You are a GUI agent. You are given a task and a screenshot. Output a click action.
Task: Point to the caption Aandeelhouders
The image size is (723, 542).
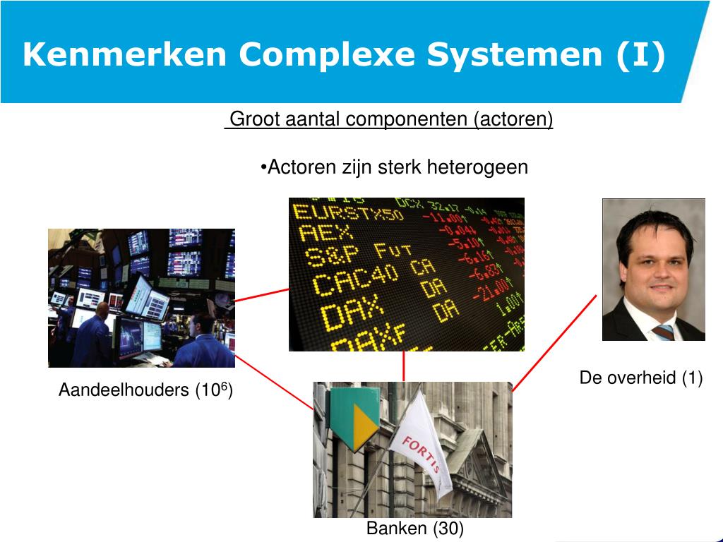click(124, 390)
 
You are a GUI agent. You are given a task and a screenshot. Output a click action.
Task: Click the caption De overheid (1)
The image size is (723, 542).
click(640, 378)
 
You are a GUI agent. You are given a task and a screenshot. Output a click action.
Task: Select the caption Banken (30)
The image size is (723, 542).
click(414, 529)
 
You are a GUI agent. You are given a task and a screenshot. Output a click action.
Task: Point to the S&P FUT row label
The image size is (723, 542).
click(353, 255)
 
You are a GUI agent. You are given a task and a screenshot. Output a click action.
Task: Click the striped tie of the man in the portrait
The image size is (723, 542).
click(664, 332)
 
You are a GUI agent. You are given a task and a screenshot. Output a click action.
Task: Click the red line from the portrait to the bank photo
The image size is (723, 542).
click(554, 343)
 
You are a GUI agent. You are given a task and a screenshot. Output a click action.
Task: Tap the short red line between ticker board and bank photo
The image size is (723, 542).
click(404, 366)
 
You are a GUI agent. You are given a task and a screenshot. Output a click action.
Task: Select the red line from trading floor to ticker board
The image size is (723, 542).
click(261, 294)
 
